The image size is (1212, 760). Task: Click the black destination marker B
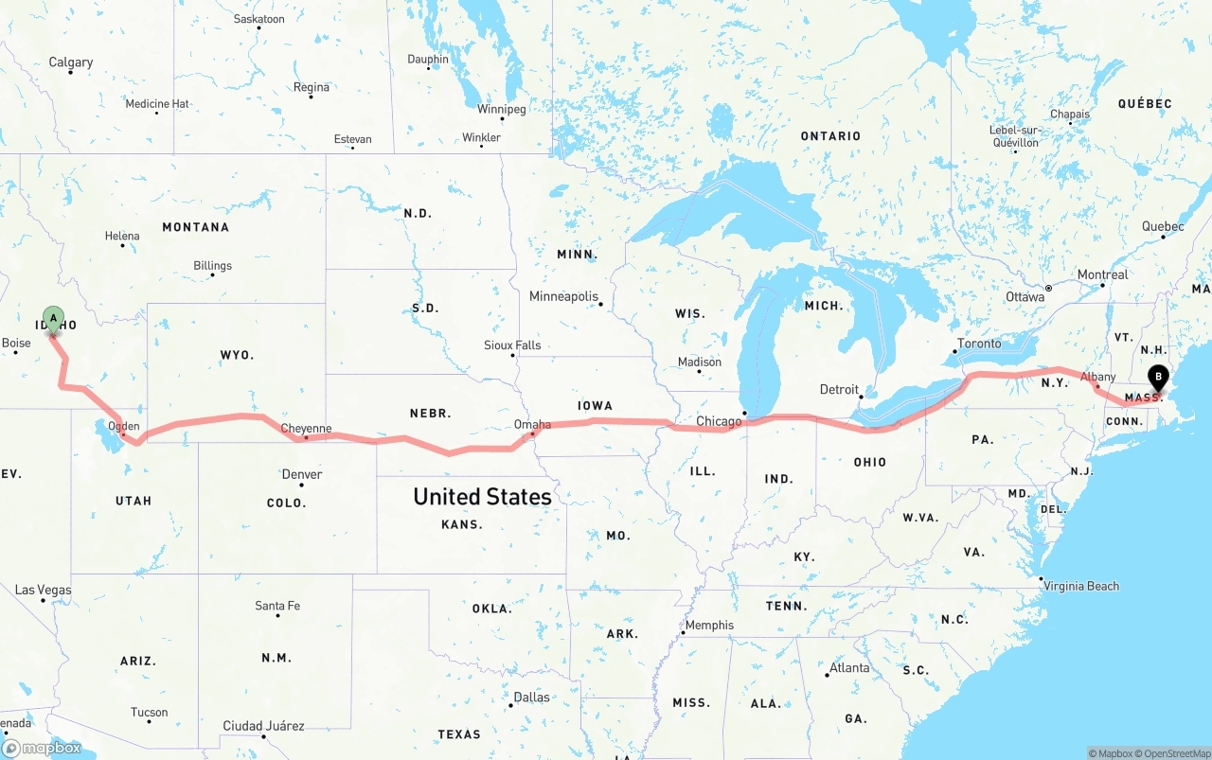click(x=1158, y=378)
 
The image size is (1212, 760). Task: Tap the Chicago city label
click(x=719, y=421)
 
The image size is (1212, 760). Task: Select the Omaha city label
click(x=532, y=424)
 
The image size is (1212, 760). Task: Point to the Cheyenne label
click(x=307, y=429)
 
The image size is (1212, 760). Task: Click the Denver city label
click(x=302, y=474)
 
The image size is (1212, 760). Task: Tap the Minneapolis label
click(x=563, y=296)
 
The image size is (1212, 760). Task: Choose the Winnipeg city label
click(x=501, y=109)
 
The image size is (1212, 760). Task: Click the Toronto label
click(x=979, y=343)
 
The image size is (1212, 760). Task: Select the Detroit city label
click(x=839, y=389)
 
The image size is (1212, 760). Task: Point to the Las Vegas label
click(x=43, y=590)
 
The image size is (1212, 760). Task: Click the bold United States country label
click(x=482, y=497)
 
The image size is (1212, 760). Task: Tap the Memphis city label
click(x=709, y=625)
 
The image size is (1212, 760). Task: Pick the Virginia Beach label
click(x=1081, y=586)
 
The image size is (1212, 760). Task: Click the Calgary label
click(x=71, y=62)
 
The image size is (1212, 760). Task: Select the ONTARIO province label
click(x=830, y=136)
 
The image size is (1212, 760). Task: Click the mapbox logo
click(x=42, y=749)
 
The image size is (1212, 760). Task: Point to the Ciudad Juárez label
click(x=263, y=726)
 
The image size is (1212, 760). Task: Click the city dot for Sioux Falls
click(x=512, y=356)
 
